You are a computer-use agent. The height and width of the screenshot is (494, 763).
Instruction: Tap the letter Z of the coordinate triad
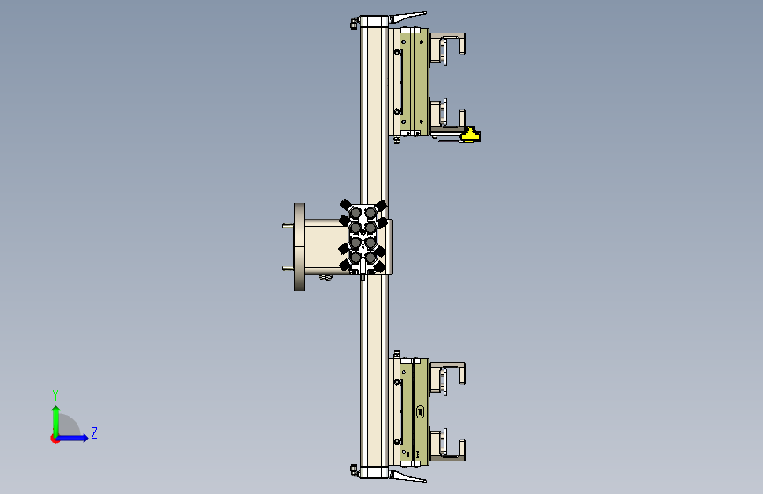coord(93,432)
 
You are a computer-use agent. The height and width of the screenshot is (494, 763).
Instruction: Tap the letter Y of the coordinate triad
coord(55,395)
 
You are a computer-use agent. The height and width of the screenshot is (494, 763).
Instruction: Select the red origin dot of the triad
coord(55,439)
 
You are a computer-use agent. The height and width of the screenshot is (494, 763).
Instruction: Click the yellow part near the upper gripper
coord(471,134)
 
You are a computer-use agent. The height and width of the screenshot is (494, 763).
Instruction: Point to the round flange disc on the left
coord(300,246)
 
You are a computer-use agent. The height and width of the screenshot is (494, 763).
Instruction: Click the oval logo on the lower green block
coord(422,410)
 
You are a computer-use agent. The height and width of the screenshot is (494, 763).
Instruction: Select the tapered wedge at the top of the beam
coord(408,18)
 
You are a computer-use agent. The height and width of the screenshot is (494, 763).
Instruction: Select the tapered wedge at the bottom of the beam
coord(408,476)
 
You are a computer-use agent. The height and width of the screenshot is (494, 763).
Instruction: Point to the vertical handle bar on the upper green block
coord(400,79)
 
